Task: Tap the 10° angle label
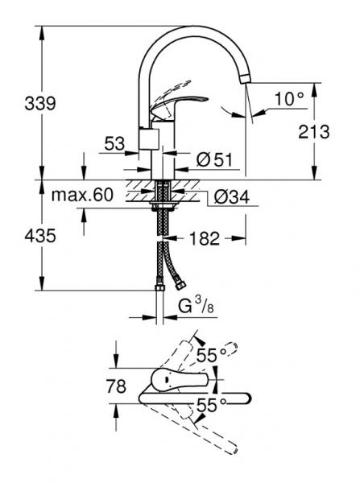pos(289,98)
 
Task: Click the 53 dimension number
pos(115,145)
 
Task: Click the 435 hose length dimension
pos(17,236)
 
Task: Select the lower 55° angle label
pos(208,407)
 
